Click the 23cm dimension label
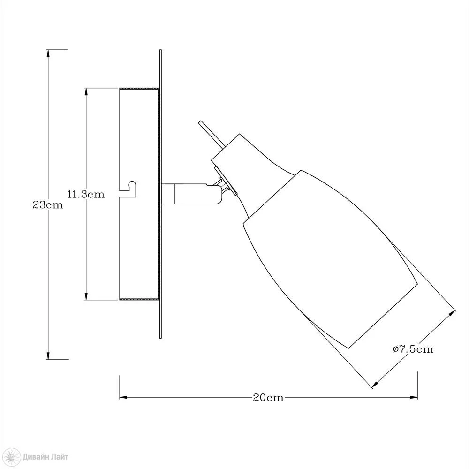coord(48,205)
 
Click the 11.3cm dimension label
coord(86,194)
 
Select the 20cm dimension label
coord(268,398)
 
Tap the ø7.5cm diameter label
coord(413,349)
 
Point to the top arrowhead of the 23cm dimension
coord(48,53)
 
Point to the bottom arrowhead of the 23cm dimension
coord(48,356)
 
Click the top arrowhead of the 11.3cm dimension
coord(86,91)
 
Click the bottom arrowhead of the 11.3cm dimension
coord(86,296)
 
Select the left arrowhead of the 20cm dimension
coord(123,398)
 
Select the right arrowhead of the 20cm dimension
coord(414,398)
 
